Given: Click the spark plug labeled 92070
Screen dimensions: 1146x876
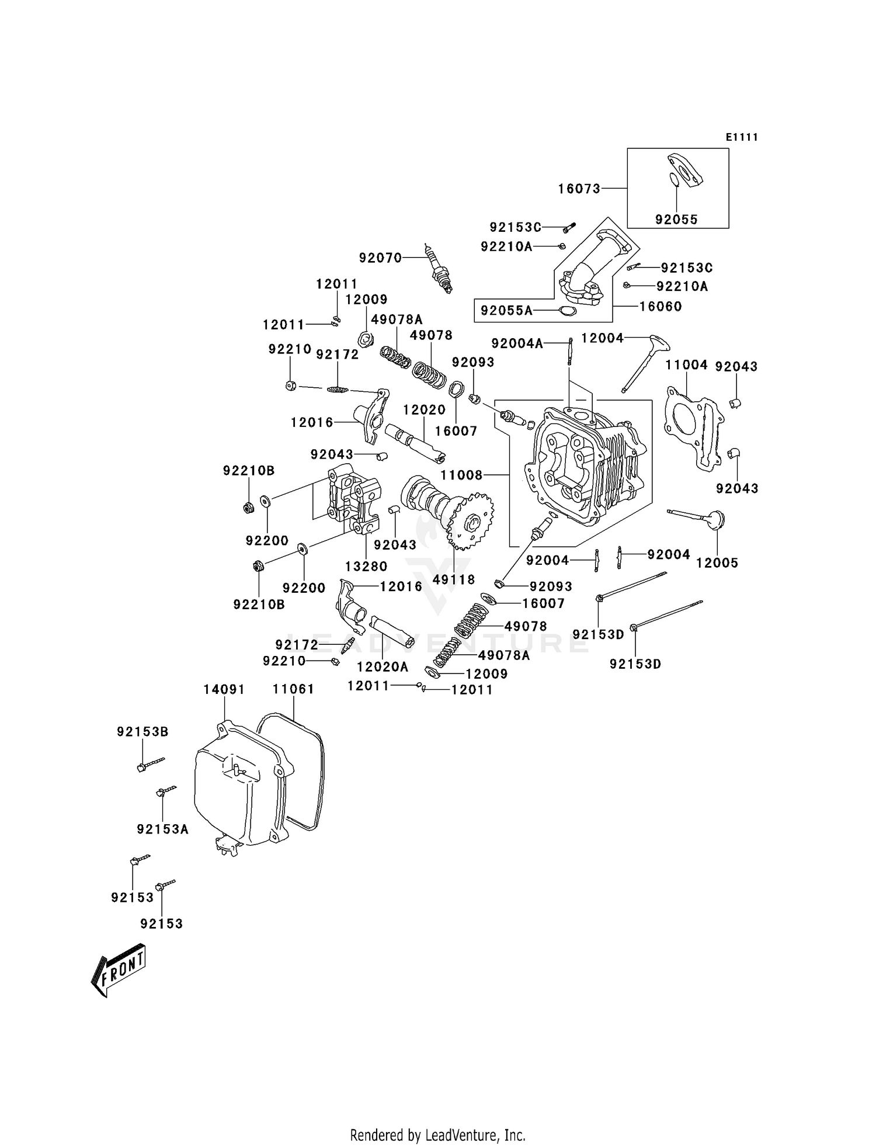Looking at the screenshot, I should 439,270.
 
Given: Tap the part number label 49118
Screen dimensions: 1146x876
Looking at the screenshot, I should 454,579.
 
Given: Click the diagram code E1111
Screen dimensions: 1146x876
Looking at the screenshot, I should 742,137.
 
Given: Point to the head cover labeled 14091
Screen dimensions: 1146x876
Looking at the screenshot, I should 239,783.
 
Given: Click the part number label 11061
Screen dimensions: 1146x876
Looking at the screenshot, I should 293,689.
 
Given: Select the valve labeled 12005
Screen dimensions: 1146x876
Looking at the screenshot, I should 701,517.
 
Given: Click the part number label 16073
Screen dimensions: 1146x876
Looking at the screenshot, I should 579,189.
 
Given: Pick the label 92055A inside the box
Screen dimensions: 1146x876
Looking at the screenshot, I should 506,311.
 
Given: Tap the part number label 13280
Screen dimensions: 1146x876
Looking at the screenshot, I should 366,566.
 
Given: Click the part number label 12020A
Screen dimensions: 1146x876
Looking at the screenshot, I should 383,666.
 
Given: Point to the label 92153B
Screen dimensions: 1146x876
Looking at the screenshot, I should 142,731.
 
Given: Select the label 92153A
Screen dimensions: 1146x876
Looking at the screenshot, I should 162,829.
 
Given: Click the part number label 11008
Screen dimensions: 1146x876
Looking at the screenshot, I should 461,475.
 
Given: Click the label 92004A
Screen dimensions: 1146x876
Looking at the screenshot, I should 517,343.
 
